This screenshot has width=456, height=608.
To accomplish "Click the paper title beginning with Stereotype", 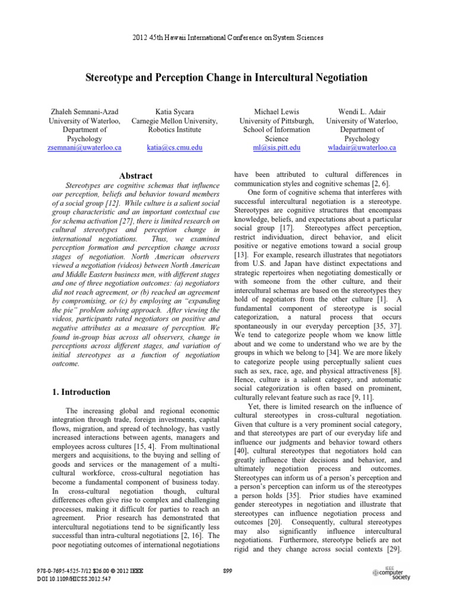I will click(227, 78).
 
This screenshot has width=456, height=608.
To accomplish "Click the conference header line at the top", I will click(227, 37).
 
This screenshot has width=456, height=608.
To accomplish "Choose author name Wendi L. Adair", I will click(362, 112).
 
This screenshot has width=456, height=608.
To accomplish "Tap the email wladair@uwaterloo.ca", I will click(362, 147).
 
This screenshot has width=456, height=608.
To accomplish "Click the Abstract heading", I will click(136, 176).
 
